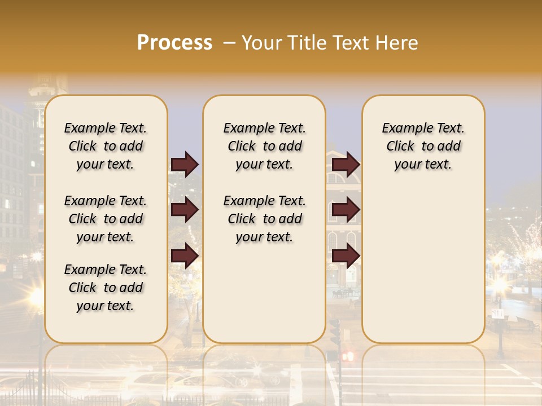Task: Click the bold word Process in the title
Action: click(x=174, y=42)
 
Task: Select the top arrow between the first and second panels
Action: click(x=185, y=164)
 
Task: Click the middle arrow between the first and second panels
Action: click(x=185, y=210)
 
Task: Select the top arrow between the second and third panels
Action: click(x=346, y=164)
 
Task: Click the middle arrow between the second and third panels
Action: click(x=346, y=210)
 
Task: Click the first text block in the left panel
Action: click(x=106, y=146)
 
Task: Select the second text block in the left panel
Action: click(x=106, y=219)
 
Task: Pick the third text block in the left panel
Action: click(x=106, y=288)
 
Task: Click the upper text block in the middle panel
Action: click(x=264, y=146)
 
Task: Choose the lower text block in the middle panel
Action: click(x=264, y=219)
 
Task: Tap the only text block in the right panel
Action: click(x=423, y=146)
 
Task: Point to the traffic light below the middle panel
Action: click(x=335, y=333)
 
